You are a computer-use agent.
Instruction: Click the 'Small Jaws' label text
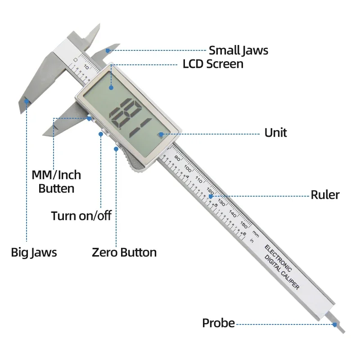tap(238, 50)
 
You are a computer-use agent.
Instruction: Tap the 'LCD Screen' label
tap(213, 64)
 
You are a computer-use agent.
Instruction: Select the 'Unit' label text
tap(275, 133)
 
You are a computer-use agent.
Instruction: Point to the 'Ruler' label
tap(325, 195)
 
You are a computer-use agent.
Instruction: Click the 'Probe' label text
tap(218, 323)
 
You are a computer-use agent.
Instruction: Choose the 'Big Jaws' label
tap(34, 252)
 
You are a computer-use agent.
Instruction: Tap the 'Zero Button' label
tap(124, 252)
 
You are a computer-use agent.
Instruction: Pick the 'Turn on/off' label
tap(81, 216)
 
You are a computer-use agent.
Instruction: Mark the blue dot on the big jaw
tap(27, 101)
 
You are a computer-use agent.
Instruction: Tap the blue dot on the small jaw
tap(107, 50)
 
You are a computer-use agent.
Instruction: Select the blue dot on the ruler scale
tap(211, 196)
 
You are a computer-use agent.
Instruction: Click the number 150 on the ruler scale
tap(243, 223)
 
